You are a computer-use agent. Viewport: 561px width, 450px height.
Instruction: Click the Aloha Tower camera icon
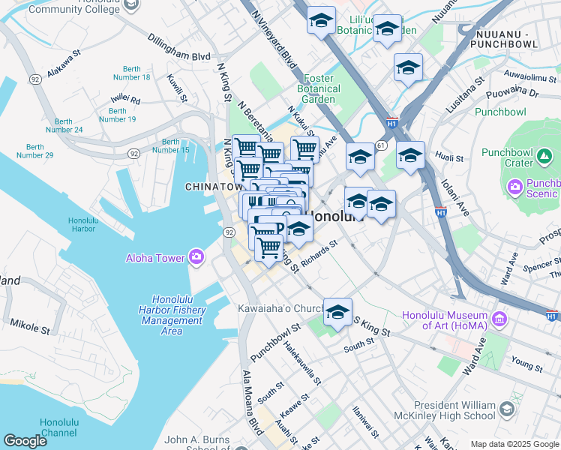[x=196, y=257]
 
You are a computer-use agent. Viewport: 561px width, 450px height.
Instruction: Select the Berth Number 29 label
[x=40, y=151]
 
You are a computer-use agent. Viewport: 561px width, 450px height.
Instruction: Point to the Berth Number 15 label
[x=171, y=145]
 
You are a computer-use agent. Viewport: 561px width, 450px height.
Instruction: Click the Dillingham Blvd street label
[x=178, y=46]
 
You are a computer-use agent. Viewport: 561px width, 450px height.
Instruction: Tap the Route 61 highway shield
[x=382, y=145]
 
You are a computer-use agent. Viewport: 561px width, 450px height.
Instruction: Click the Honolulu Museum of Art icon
[x=498, y=319]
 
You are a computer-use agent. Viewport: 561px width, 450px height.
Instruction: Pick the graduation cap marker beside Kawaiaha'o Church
[x=337, y=312]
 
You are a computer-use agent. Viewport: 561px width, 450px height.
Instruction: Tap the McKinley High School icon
[x=507, y=409]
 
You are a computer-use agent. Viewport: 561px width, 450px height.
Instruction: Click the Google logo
[x=25, y=441]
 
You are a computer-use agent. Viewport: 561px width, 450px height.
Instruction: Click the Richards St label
[x=319, y=256]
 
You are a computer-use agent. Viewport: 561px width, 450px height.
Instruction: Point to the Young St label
[x=527, y=364]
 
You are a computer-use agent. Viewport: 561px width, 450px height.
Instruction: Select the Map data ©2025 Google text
[x=514, y=444]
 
